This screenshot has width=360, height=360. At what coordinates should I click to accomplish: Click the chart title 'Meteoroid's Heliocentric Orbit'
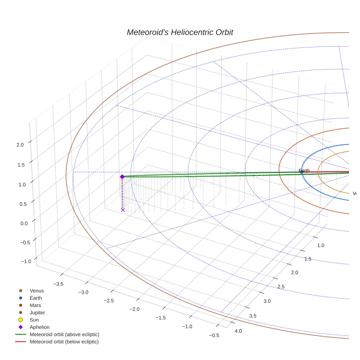coord(180,32)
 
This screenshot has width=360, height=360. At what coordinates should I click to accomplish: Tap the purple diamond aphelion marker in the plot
coord(122,177)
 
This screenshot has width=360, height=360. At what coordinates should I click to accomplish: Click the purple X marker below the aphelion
coord(123,210)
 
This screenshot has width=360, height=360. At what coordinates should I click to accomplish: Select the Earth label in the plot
coord(304,170)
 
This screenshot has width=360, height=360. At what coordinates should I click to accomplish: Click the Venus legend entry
coord(37,291)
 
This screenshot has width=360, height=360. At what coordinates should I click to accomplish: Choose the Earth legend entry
coord(35,298)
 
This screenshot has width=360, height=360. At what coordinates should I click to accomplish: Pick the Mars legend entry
coord(35,305)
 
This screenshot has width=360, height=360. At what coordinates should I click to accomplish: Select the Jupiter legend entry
coord(37,312)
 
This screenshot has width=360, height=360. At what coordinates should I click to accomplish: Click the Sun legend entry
coord(34,320)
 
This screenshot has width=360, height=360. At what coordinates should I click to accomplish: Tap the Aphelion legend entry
coord(39,327)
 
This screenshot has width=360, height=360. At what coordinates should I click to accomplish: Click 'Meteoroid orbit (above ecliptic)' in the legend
coord(64,334)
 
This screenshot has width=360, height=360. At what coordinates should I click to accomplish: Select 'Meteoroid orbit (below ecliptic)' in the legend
coord(64,342)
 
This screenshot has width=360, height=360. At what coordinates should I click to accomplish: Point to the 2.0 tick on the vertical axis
coord(20,145)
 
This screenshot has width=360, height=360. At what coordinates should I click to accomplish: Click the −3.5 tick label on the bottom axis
coord(58,284)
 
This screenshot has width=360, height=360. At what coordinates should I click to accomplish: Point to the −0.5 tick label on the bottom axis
coord(214,335)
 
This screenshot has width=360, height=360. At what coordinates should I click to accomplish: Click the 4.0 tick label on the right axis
coord(238,331)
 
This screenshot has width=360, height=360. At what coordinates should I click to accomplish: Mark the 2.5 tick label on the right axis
coord(281,286)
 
